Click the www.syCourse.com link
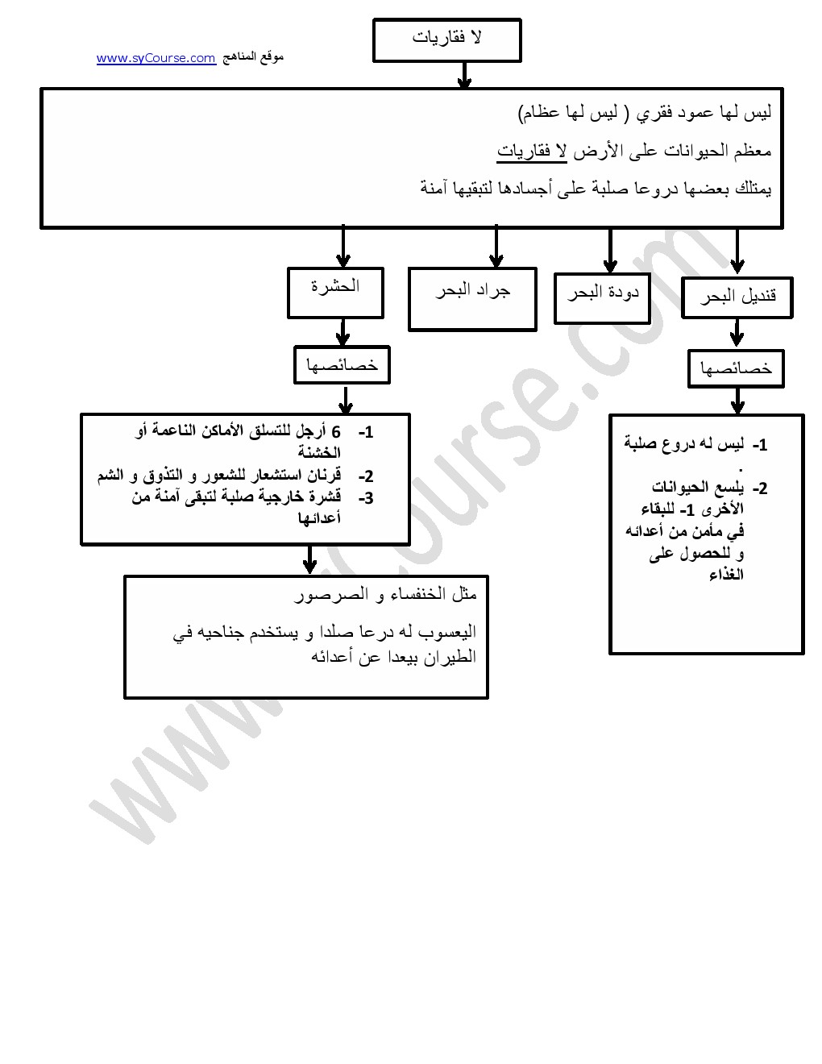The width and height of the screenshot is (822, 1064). [156, 58]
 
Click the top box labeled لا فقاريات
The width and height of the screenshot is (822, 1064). [447, 40]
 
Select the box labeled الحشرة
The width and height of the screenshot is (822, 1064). [335, 293]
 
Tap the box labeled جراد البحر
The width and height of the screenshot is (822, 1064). [472, 299]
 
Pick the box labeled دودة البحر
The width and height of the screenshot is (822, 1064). [602, 298]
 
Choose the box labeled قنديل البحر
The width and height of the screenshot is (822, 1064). [737, 297]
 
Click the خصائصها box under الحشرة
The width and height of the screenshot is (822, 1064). [342, 365]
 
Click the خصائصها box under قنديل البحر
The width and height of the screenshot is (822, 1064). [736, 368]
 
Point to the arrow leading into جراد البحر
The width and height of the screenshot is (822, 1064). [496, 247]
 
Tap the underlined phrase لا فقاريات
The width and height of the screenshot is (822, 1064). [532, 151]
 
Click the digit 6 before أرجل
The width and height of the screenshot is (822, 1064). [336, 432]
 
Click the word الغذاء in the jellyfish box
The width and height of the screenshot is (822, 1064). [726, 575]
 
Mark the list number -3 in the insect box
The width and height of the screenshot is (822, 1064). [366, 498]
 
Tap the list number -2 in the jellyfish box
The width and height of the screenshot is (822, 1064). [759, 488]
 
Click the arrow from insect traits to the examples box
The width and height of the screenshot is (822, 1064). [310, 559]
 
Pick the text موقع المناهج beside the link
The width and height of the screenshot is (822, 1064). [253, 56]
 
